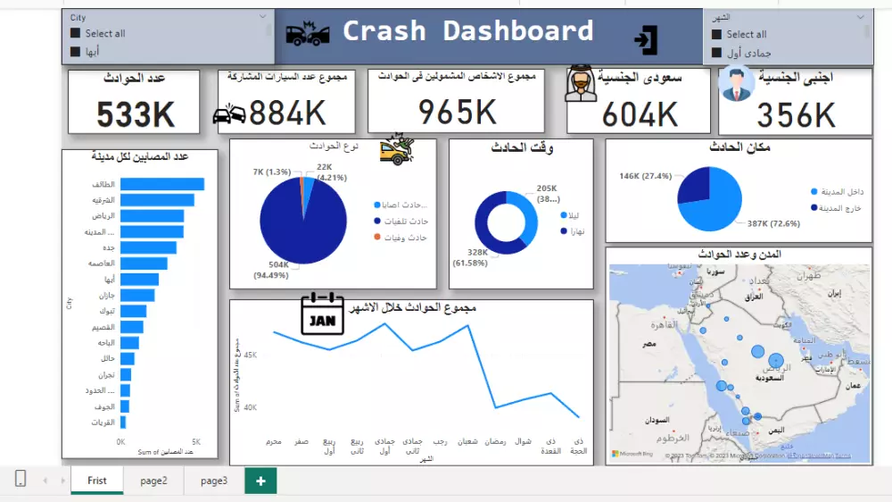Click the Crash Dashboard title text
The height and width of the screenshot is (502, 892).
[x=467, y=31]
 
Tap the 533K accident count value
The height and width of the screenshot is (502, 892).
[x=136, y=115]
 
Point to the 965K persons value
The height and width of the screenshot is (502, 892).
[x=457, y=112]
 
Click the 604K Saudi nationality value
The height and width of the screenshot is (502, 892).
[x=640, y=115]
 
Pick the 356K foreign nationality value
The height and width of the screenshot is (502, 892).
[x=796, y=115]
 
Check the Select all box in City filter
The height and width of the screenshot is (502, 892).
[x=75, y=34]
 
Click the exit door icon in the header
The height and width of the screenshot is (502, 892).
[x=645, y=39]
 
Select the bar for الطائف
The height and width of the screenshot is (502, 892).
[x=161, y=184]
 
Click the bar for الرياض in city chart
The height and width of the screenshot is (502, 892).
[x=152, y=216]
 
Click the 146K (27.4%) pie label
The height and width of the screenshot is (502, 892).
[x=645, y=176]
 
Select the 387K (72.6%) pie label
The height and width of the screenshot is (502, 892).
[x=775, y=223]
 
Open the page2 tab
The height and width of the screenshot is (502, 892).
[x=153, y=481]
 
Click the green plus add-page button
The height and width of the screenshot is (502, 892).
[x=260, y=481]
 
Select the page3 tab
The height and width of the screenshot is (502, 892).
[x=214, y=481]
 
